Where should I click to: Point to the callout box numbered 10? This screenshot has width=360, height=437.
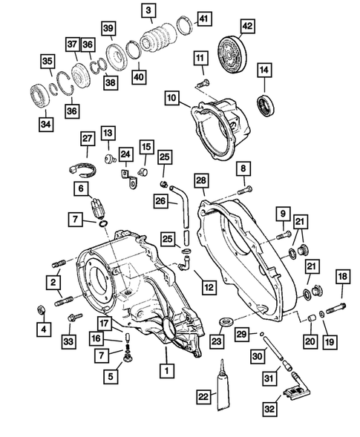pos(171,98)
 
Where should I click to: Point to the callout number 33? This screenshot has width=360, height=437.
pos(70,341)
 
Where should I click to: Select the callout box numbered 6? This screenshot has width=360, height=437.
pos(79,190)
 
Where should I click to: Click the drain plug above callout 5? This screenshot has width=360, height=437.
pos(128,359)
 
